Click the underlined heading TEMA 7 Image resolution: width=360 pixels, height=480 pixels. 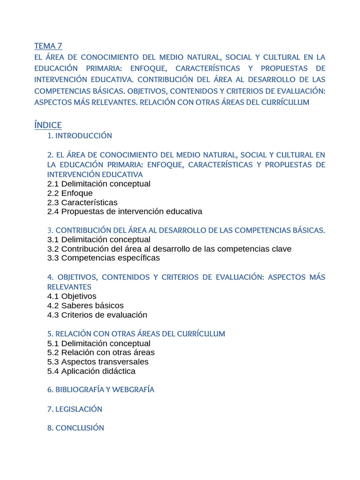48,46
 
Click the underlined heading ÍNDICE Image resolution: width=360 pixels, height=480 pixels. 48,125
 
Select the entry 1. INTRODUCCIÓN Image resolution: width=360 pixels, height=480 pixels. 80,136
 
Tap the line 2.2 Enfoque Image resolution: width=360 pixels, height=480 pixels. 70,193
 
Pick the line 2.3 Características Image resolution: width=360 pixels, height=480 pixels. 82,202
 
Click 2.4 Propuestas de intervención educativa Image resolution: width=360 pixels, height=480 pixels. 125,211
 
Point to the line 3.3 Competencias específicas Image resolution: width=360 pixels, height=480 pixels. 104,258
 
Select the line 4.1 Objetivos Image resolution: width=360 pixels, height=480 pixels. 72,296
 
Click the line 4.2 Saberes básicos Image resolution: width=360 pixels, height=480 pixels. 85,306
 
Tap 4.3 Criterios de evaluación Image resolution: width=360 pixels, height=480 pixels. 97,315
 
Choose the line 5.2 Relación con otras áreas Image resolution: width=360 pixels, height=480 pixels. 101,352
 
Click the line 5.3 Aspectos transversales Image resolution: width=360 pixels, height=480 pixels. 98,362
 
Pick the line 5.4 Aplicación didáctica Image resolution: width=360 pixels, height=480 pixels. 91,371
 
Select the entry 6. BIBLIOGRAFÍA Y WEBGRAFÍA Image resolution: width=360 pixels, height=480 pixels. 101,390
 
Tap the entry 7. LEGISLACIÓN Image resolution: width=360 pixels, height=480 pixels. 75,409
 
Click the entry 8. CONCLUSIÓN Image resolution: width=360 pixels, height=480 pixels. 75,428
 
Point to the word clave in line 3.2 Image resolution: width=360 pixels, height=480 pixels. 281,249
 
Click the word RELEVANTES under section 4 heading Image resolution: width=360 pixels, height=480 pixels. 69,286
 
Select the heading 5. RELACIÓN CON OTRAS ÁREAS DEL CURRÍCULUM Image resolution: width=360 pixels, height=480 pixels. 136,334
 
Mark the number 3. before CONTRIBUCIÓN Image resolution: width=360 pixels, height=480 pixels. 50,230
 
